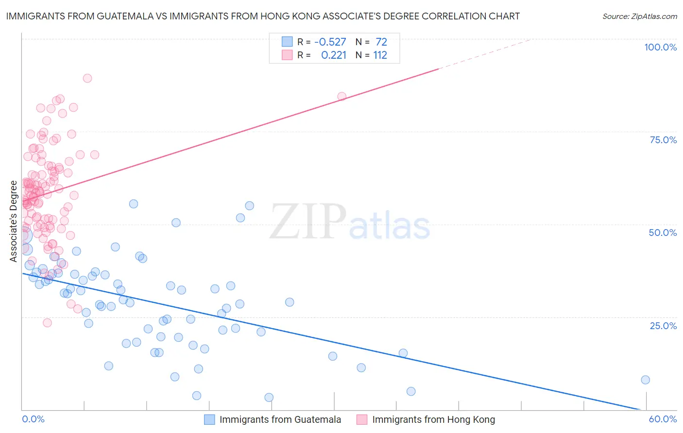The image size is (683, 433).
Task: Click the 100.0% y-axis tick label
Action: tap(660, 47)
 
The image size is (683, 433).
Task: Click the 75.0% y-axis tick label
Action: tap(663, 140)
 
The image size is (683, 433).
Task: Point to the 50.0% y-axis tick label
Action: tap(663, 233)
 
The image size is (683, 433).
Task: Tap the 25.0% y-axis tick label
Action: tap(663, 326)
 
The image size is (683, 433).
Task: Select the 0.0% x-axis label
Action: tap(33, 419)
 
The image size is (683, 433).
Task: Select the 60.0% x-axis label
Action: tap(663, 419)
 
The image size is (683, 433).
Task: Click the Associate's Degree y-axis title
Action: tap(14, 221)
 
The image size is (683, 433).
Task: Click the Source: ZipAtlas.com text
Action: tap(639, 17)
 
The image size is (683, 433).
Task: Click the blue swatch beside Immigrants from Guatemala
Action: tap(209, 419)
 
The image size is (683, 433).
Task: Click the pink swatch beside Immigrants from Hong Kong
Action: tap(362, 419)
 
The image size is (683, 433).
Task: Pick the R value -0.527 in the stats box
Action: tap(330, 42)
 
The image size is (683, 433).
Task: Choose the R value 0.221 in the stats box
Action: tap(334, 55)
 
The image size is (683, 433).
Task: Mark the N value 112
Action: tap(380, 55)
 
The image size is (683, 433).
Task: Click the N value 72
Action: tap(381, 42)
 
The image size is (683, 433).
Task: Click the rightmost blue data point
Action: tap(645, 380)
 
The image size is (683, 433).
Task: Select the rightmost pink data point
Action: tap(342, 97)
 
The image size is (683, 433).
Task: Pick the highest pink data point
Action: tap(87, 78)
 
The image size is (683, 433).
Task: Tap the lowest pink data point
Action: tap(47, 323)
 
